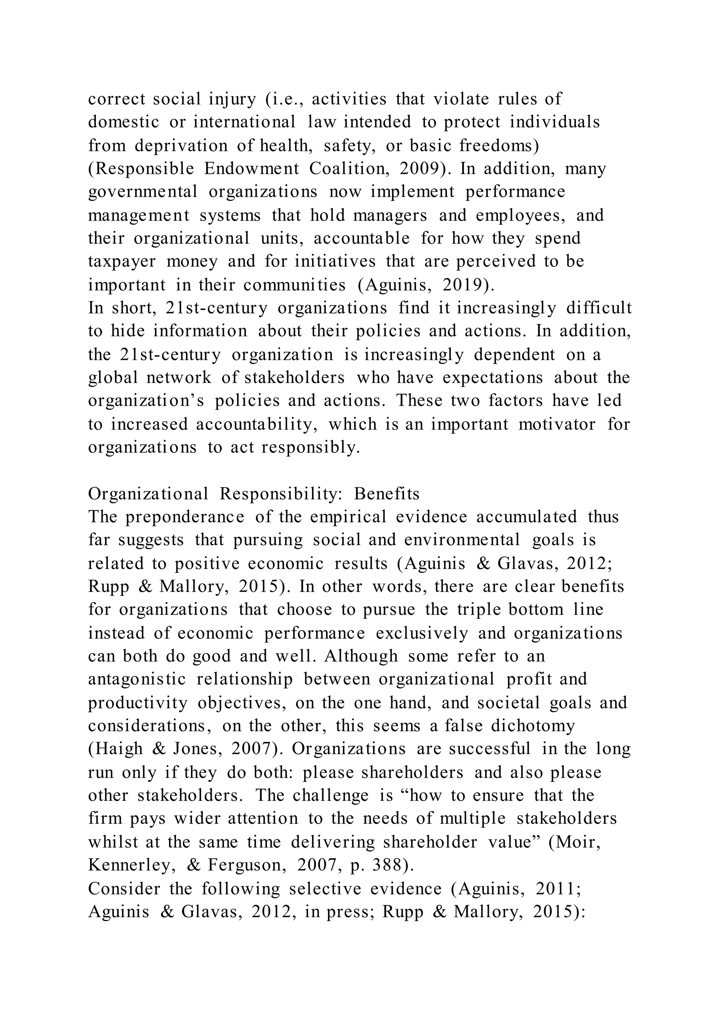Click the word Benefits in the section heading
[x=387, y=494]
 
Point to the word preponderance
[x=185, y=517]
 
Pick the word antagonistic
[x=137, y=679]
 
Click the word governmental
[x=143, y=192]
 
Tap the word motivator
[x=557, y=424]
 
